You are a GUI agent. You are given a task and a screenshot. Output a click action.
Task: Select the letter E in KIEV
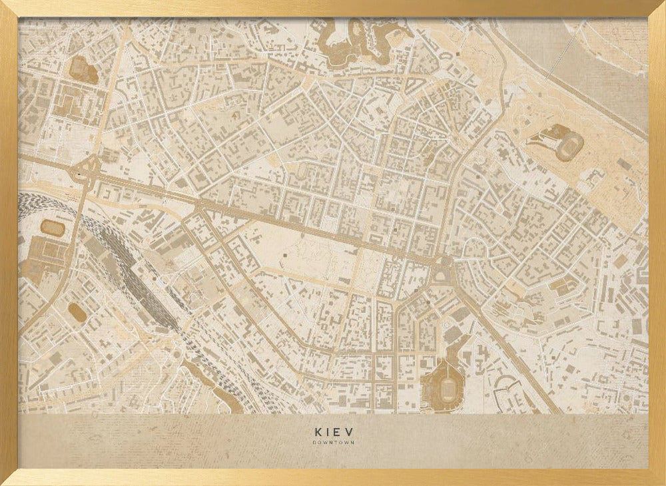[x=339, y=431]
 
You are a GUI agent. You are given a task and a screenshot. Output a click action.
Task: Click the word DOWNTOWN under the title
[x=333, y=443]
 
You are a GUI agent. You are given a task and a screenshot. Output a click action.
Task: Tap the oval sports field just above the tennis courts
[x=53, y=228]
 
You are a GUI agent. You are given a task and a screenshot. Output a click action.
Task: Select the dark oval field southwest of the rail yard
[x=77, y=312]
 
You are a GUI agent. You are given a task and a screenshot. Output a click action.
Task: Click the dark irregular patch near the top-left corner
[x=83, y=69]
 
